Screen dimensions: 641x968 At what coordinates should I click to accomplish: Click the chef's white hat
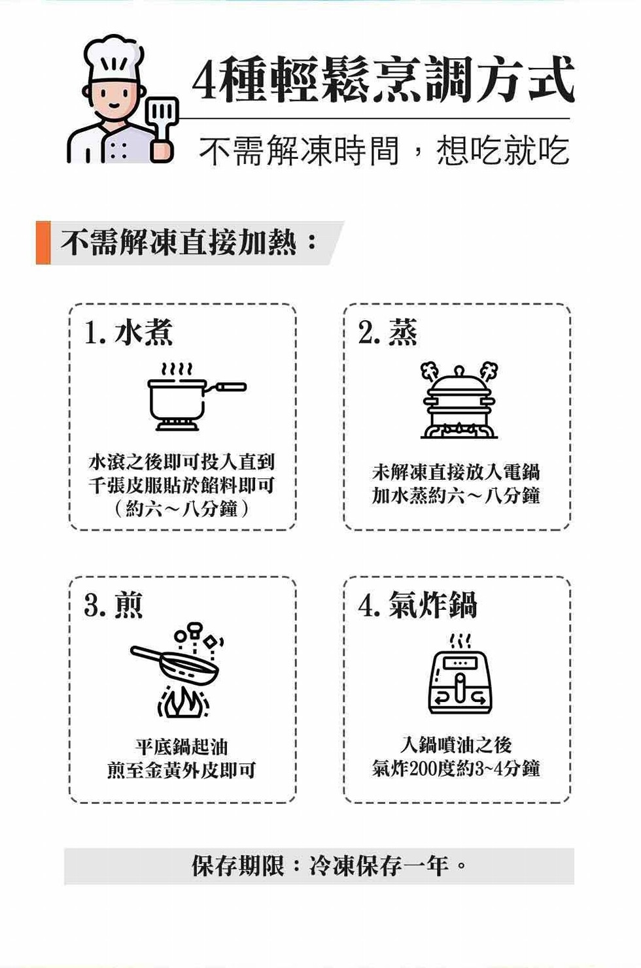click(114, 58)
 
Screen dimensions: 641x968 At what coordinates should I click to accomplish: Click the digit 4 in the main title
click(205, 80)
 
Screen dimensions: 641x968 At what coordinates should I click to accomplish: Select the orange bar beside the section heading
click(43, 242)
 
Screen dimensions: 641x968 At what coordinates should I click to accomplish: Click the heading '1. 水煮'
click(129, 332)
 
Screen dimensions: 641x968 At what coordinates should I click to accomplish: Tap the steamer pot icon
click(459, 400)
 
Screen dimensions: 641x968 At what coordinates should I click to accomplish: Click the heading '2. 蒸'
click(388, 332)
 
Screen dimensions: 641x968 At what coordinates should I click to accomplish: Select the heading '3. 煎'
click(113, 604)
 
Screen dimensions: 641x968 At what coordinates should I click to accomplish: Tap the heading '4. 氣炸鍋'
click(417, 604)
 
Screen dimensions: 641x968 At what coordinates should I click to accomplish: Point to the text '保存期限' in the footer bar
click(238, 865)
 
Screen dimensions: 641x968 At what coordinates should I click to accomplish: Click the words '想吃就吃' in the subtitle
click(503, 151)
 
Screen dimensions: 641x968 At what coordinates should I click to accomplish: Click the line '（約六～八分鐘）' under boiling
click(182, 509)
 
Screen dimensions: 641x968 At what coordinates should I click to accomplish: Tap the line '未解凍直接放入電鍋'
click(456, 472)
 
